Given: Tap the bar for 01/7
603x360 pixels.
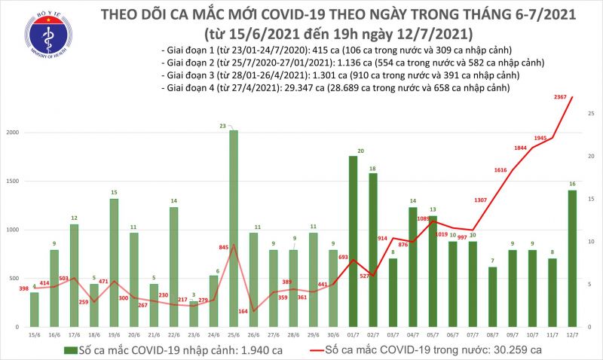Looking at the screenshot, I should (x=353, y=241).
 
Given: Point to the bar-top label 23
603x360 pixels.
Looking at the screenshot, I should (x=234, y=125).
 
